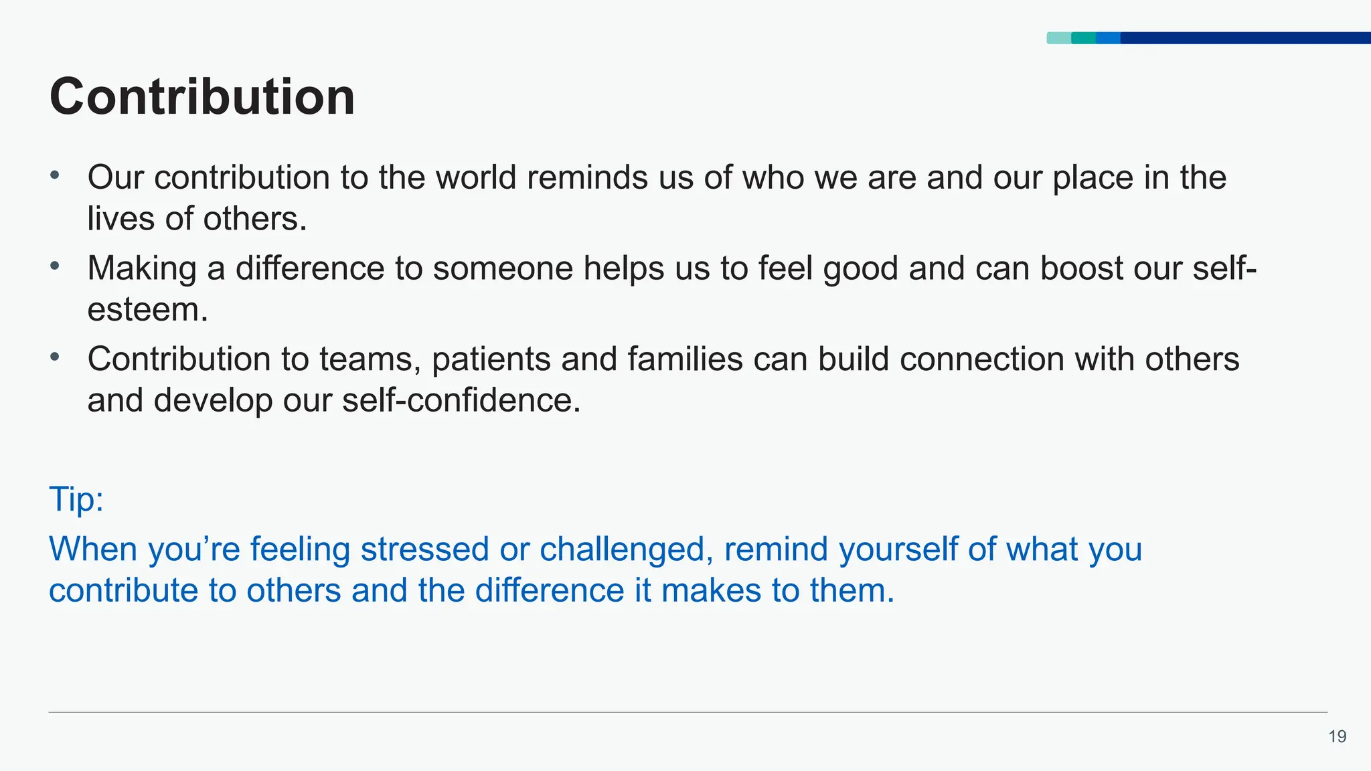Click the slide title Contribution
coord(202,97)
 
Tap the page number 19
coord(1337,737)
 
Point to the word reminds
coord(587,177)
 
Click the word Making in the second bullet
coord(141,268)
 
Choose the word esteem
coord(147,309)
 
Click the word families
coord(685,359)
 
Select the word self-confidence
coord(461,400)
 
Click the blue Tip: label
coord(76,499)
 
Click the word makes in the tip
coord(711,590)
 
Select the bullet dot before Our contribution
coord(55,176)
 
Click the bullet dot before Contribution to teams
coord(55,357)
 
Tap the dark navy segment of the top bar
coord(1245,38)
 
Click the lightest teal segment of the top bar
coord(1058,38)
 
